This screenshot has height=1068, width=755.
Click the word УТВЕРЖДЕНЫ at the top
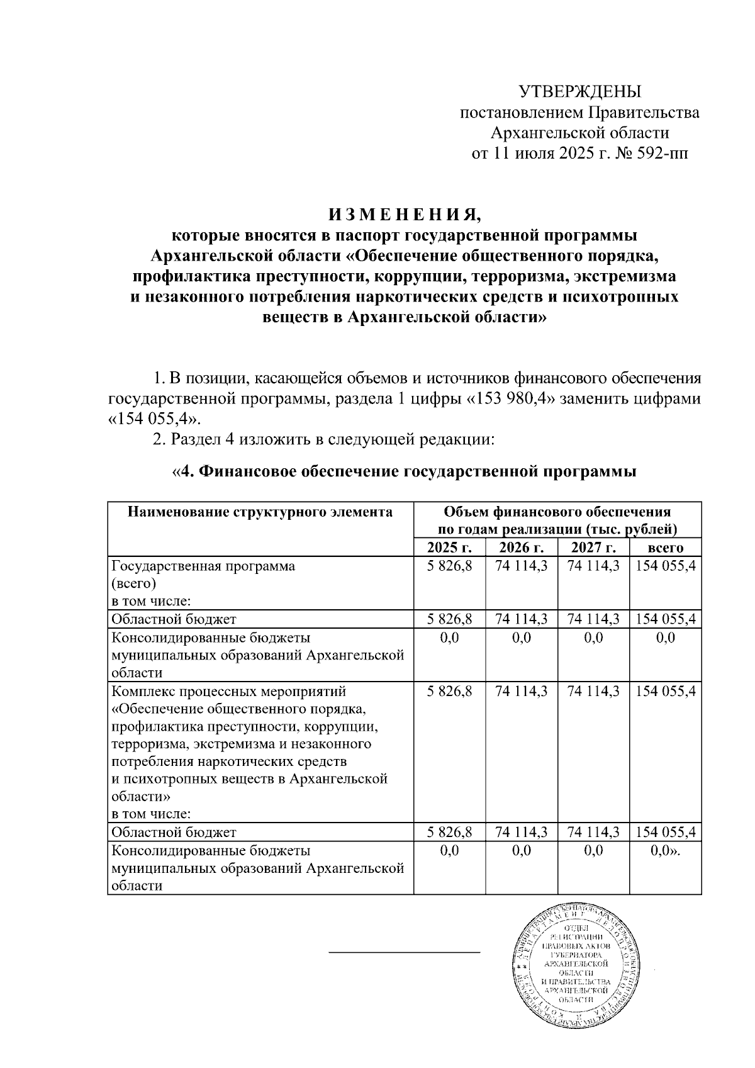pos(579,92)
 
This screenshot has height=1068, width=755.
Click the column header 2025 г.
pos(449,547)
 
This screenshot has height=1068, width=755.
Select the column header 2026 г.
pos(521,547)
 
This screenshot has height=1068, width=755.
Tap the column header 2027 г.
pos(593,547)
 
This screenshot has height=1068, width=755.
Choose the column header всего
pos(665,548)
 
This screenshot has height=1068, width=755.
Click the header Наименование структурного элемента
pos(260,512)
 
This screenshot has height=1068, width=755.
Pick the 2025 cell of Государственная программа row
pos(449,566)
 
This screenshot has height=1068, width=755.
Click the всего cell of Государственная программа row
pos(665,566)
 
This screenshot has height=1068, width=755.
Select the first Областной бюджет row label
pos(174,619)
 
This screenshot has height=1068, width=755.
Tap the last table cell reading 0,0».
pos(665,851)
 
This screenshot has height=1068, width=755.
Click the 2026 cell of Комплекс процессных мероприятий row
pos(521,691)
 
